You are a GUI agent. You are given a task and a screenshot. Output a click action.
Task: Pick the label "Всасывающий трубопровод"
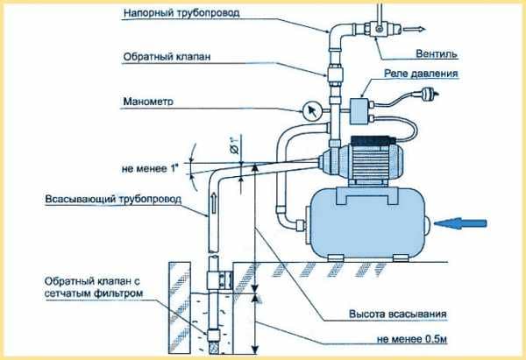tap(113, 201)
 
